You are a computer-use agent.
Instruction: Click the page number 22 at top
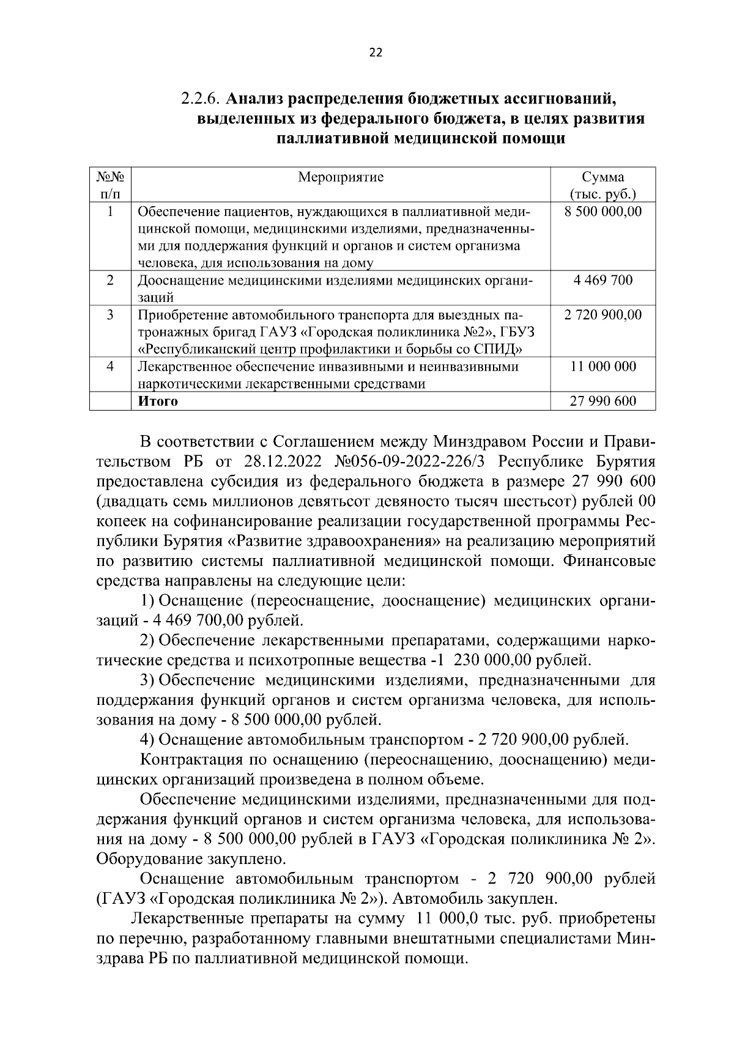point(376,53)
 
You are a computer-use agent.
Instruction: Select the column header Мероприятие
point(341,177)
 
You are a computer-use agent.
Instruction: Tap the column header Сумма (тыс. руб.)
point(602,186)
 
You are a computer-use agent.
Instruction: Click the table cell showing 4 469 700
point(602,281)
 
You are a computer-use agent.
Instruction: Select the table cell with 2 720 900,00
point(602,315)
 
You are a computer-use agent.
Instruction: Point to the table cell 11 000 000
point(602,367)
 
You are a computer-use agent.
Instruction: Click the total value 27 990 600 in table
point(602,401)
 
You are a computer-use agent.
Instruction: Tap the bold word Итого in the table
point(158,401)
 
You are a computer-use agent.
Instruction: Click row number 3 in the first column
point(110,315)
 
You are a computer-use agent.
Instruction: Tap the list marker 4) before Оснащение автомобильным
point(147,740)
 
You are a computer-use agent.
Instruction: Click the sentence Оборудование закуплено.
point(191,859)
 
